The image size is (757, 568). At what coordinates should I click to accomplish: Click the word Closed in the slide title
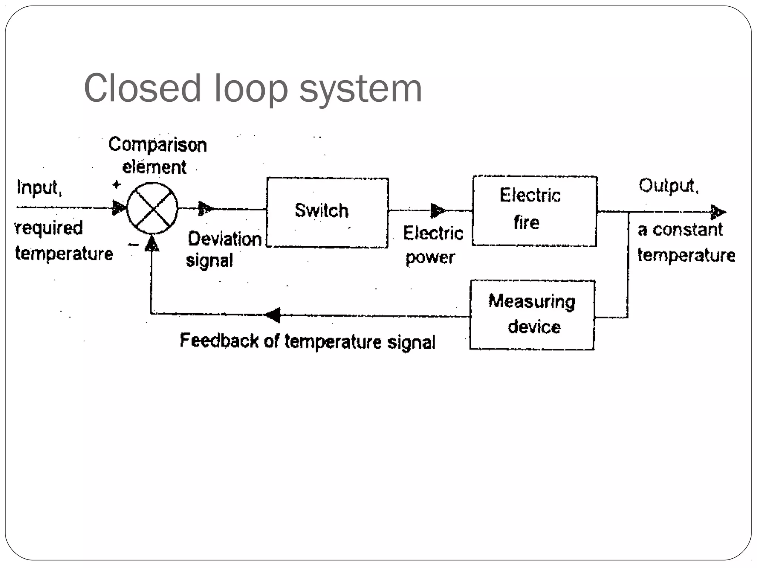pos(142,89)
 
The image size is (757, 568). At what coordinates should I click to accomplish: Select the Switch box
pos(327,212)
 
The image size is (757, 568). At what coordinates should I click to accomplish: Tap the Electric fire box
pos(534,210)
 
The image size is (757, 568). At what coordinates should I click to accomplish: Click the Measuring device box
pos(532,315)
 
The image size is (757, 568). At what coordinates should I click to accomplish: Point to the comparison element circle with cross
pos(152,208)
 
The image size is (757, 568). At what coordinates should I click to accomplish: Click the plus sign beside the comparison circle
pos(117,185)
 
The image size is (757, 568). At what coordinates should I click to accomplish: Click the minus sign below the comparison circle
pos(133,244)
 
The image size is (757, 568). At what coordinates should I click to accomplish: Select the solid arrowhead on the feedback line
pos(273,315)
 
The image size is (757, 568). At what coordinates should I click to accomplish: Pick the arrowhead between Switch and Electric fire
pos(437,211)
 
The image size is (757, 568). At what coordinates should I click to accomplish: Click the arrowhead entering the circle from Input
pos(119,208)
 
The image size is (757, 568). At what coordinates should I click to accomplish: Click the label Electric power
pos(432,245)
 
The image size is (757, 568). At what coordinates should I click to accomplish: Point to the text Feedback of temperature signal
pos(307,341)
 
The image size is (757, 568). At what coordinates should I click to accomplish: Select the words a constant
pos(680,230)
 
